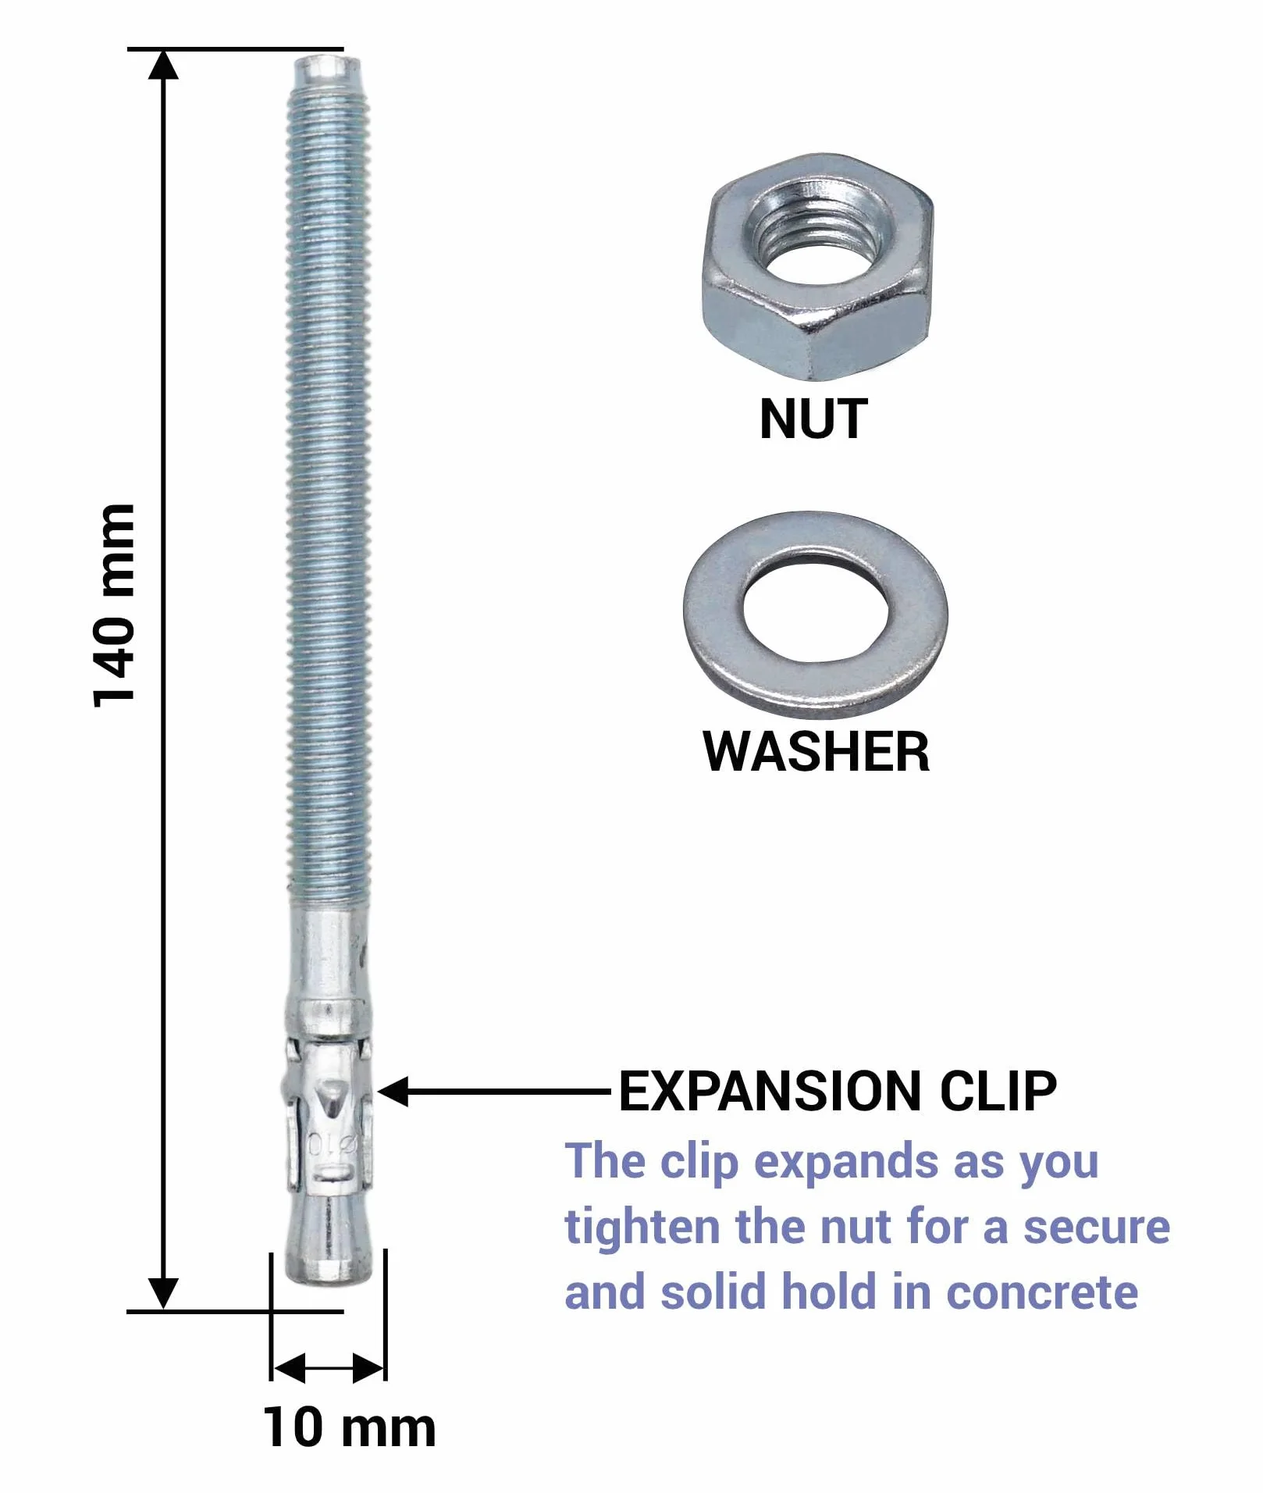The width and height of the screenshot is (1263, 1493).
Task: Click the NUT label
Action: (813, 419)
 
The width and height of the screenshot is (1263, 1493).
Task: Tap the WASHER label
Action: (817, 751)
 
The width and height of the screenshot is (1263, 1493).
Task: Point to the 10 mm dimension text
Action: (349, 1427)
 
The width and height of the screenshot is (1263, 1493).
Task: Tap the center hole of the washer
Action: (816, 610)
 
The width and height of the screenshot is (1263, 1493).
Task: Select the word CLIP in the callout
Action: (998, 1091)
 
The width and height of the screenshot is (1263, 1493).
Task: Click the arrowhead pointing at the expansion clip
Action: (393, 1092)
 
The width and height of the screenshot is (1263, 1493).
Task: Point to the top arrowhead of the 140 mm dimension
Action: (163, 65)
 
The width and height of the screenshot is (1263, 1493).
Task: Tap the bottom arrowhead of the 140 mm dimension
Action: (163, 1294)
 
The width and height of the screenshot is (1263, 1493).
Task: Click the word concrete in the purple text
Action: (1042, 1292)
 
